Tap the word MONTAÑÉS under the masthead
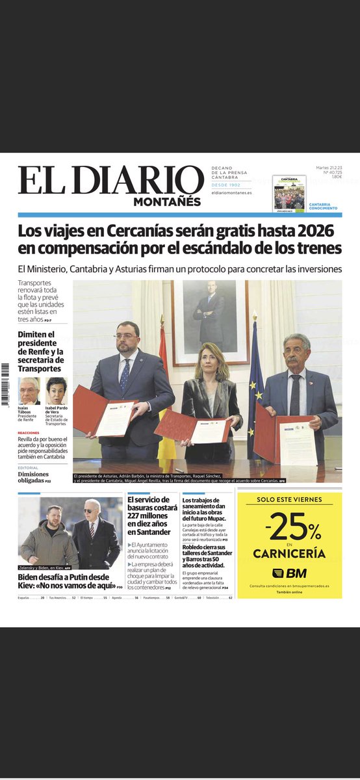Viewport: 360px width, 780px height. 167,201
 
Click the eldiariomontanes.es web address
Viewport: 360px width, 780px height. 231,193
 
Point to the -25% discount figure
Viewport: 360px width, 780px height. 289,530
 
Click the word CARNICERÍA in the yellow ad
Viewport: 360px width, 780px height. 289,554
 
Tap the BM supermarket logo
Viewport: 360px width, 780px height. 289,573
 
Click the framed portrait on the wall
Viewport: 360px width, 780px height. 210,321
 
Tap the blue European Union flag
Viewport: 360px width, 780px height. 255,383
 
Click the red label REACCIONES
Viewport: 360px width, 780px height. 29,432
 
